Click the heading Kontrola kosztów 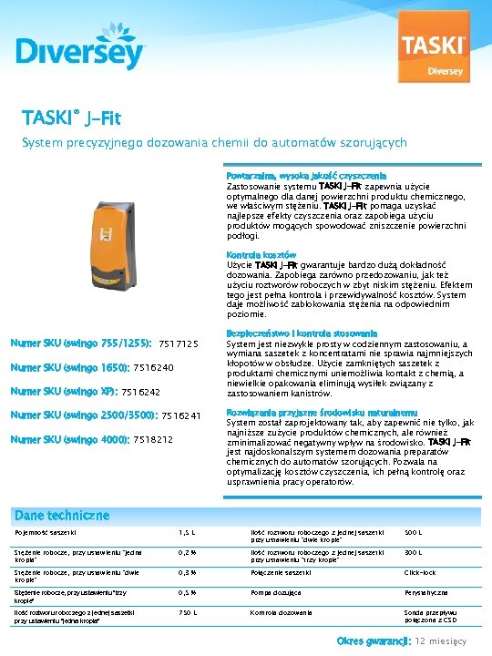261,254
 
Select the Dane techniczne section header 62,515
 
